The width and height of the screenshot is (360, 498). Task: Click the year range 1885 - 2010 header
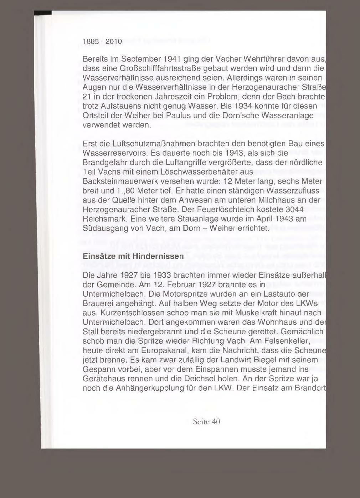[102, 42]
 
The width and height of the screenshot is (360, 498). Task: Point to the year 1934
[240, 106]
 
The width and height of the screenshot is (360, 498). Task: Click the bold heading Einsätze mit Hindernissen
[133, 256]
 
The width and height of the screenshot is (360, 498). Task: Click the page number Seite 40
[206, 422]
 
